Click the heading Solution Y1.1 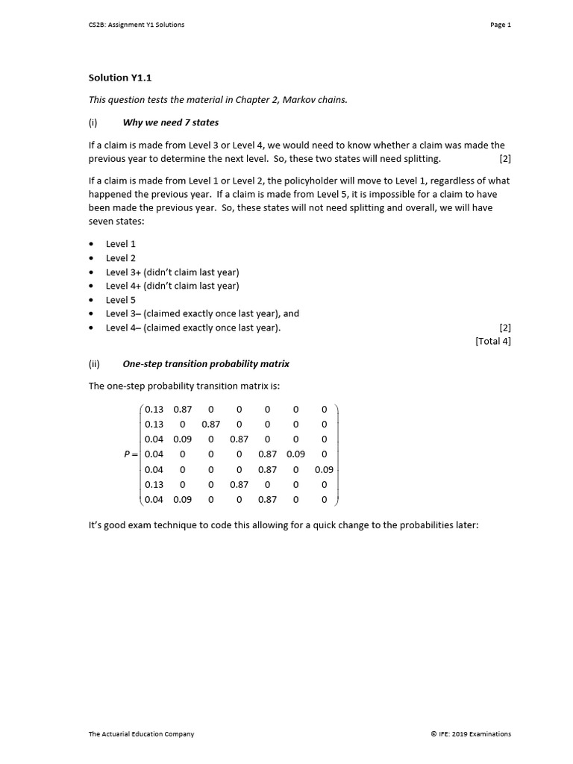120,78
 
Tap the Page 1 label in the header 501,25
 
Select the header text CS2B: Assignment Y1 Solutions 136,25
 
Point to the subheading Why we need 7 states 170,122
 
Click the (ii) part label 94,364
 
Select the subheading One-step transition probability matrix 206,364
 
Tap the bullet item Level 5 121,300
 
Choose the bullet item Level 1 121,244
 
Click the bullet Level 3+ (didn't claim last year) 172,272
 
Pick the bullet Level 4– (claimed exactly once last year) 193,328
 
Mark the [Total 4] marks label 493,342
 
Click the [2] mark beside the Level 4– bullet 505,328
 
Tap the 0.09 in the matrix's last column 324,470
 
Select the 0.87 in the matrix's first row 182,409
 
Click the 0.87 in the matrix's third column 210,424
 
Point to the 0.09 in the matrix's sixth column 295,454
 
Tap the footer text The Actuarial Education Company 141,734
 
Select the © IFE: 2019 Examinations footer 471,734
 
